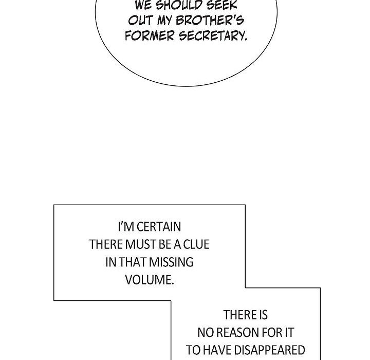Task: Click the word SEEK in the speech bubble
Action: click(222, 5)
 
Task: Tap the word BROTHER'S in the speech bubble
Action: click(210, 21)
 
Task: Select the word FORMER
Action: click(150, 36)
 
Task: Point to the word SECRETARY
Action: click(213, 36)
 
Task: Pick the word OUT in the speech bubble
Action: click(141, 21)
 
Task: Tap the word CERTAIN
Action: click(159, 227)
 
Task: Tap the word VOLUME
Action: click(150, 280)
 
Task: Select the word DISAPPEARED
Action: click(270, 350)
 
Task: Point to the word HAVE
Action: click(217, 350)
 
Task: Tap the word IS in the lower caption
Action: click(263, 315)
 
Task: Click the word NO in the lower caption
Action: click(206, 333)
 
